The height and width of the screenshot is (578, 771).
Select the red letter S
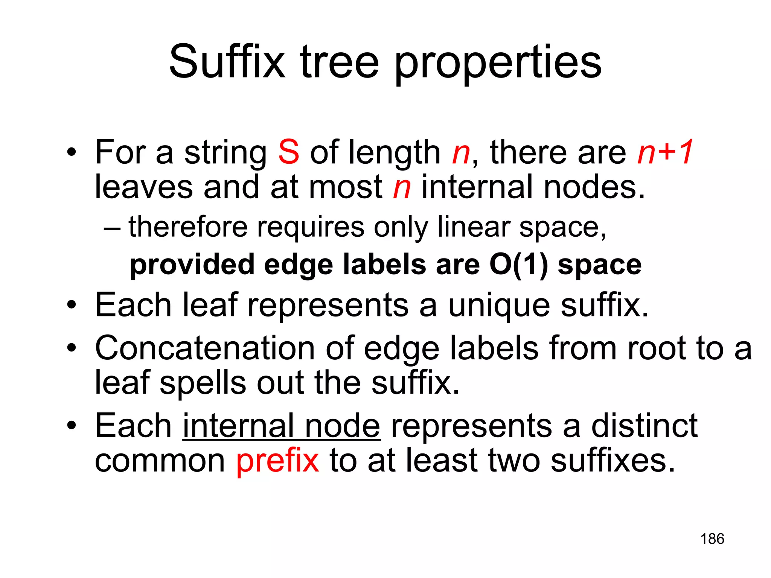(289, 152)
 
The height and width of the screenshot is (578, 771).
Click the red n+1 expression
(665, 152)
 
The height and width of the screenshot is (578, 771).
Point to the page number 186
(712, 539)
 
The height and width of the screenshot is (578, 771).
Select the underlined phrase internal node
(281, 426)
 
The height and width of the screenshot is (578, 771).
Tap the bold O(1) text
(518, 265)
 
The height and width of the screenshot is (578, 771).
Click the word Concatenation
(205, 348)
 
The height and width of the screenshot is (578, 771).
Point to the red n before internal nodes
(402, 188)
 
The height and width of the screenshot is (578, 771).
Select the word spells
(203, 383)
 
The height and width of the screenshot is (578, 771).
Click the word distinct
(644, 426)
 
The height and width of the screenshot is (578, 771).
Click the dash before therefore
(112, 228)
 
